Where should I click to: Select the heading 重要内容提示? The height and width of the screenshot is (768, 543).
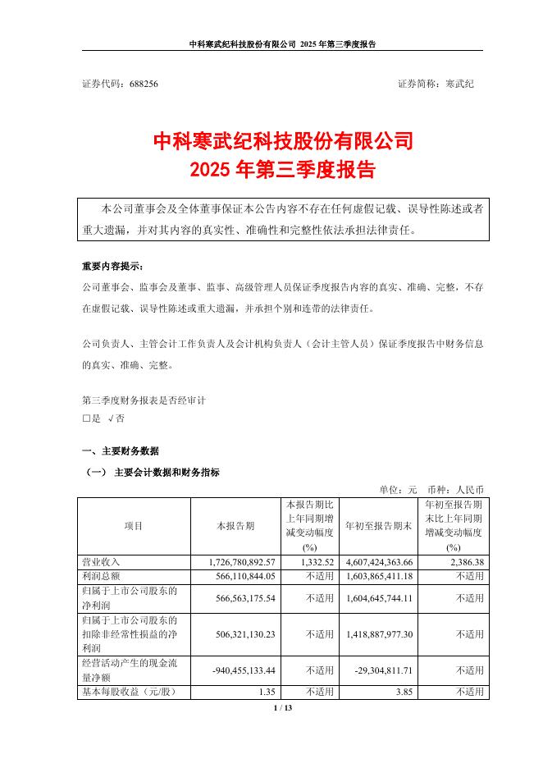tap(112, 267)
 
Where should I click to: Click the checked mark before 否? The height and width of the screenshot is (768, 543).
tap(110, 418)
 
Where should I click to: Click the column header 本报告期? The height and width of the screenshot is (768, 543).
tap(235, 525)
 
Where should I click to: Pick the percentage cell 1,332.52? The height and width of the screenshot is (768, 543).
tap(316, 562)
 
